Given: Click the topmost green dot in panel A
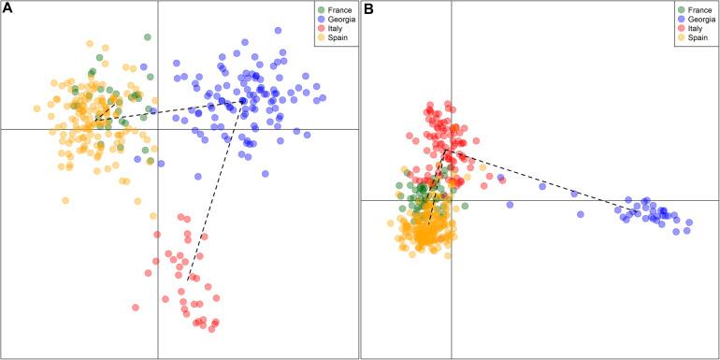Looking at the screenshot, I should (147, 37).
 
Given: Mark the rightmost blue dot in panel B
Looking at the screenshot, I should (689, 223).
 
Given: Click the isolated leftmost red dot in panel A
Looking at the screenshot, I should (136, 307).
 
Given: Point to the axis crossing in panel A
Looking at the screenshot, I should (157, 129).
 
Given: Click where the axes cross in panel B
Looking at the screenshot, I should (452, 200).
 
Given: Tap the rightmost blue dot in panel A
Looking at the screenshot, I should (322, 97).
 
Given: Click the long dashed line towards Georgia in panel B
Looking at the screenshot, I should (542, 181).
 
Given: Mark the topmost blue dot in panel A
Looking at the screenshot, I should (245, 42).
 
